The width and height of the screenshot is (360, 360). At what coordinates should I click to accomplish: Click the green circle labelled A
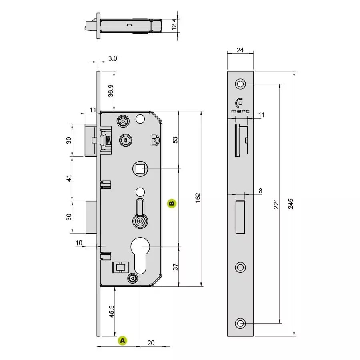123,341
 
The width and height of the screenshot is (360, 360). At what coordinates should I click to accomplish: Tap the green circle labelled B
171,203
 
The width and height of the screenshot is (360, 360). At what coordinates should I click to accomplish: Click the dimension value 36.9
111,90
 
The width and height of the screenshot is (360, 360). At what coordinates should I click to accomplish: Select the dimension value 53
175,140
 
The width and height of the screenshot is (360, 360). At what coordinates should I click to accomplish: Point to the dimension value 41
69,178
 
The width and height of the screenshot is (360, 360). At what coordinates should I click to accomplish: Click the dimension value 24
240,50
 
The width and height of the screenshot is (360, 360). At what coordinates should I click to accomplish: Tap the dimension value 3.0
112,58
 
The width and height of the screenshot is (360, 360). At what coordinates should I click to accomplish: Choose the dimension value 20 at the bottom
151,343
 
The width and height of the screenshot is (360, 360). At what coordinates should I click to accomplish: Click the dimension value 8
260,191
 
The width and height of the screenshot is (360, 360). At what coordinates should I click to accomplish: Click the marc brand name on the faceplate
240,111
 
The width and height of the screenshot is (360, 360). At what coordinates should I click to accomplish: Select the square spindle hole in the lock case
139,169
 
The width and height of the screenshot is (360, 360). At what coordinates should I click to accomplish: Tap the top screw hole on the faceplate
240,84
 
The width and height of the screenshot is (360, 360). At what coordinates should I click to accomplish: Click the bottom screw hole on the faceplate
240,323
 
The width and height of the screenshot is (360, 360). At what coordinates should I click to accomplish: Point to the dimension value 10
78,243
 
